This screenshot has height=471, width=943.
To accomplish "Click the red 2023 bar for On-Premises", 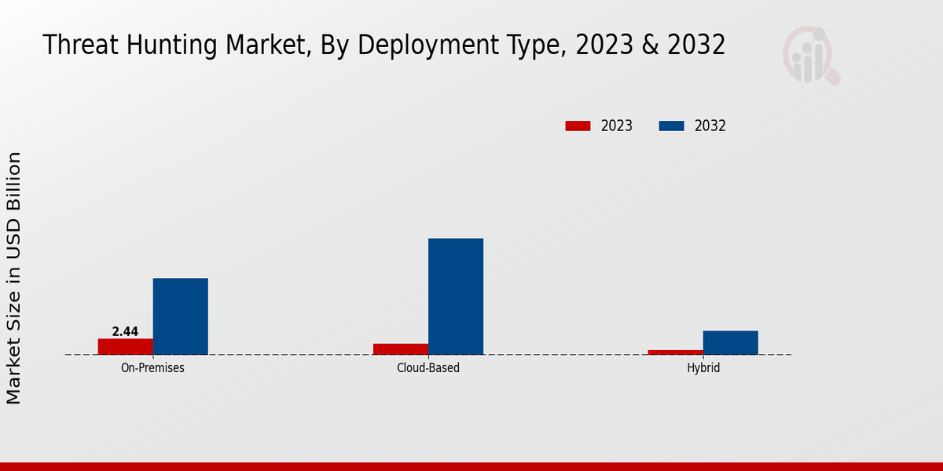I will (125, 346).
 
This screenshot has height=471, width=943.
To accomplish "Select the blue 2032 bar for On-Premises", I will (180, 316).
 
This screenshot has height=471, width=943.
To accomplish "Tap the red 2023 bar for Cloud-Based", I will (401, 349).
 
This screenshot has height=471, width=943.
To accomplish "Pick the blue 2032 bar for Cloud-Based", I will (456, 296).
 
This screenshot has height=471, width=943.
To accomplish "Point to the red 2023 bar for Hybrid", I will (676, 352).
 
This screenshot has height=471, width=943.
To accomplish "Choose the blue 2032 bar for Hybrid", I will (731, 342).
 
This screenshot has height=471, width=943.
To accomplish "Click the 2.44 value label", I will (125, 332).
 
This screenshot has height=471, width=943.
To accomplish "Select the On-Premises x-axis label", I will (152, 367).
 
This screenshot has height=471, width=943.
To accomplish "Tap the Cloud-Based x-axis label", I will (428, 367).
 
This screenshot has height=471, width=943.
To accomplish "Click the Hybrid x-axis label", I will (703, 367).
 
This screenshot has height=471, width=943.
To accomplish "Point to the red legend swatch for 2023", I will (578, 126).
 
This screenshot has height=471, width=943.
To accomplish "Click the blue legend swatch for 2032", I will (671, 126).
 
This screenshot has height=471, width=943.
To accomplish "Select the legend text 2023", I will (617, 126).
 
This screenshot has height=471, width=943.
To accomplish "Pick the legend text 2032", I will (710, 126).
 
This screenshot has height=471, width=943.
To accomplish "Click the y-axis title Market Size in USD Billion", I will (14, 279).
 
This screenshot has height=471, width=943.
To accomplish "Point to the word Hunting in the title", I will (167, 45).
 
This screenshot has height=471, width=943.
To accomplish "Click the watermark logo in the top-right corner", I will (810, 55).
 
